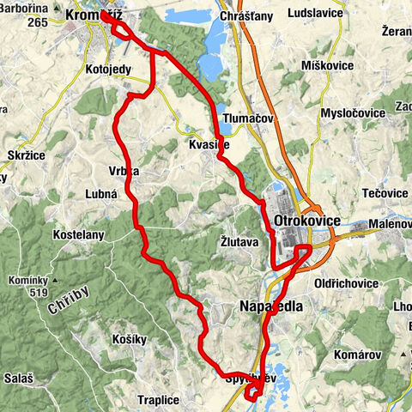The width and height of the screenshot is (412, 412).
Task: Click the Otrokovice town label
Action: pos(306,221)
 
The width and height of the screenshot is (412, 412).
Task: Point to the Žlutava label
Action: pos(239,242)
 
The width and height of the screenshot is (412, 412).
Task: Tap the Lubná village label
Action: pos(101,195)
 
